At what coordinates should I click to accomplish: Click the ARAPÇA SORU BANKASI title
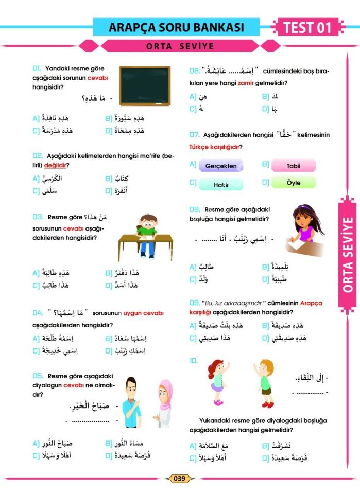[177, 27]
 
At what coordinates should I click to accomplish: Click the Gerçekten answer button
[221, 166]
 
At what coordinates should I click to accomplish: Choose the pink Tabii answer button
[293, 166]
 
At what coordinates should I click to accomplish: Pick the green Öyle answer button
[293, 183]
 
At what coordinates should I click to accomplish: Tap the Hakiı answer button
[221, 184]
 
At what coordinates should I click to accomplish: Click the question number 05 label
[38, 376]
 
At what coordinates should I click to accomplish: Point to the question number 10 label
[194, 361]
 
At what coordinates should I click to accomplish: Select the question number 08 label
[195, 209]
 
